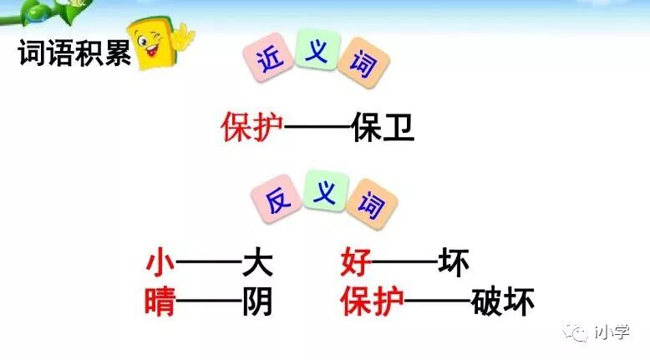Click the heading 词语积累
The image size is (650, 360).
click(x=74, y=56)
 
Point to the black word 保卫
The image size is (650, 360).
click(x=383, y=127)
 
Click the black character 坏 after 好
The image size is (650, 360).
click(x=454, y=264)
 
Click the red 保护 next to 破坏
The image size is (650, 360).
click(x=372, y=302)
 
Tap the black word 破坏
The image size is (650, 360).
click(x=502, y=302)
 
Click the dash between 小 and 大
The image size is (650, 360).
click(x=209, y=265)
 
